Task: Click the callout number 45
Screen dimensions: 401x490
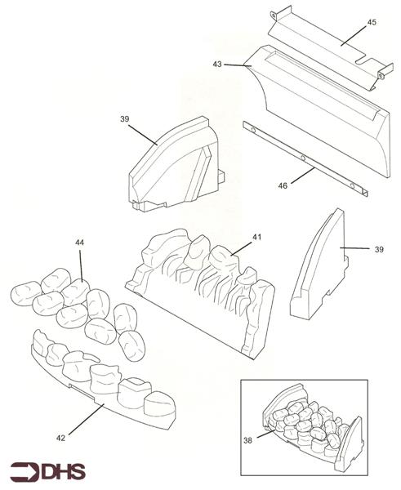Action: (x=372, y=23)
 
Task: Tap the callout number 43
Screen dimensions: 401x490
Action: (x=217, y=64)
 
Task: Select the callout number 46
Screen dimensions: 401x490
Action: (x=283, y=185)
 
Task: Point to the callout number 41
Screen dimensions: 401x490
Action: (x=256, y=237)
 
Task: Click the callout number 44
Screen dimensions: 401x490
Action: (x=79, y=243)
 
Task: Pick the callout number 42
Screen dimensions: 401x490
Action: (x=60, y=438)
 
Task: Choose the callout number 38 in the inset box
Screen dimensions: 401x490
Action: (x=247, y=441)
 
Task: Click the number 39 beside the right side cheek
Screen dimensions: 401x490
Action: (x=379, y=249)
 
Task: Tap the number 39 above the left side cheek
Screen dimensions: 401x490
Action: (x=124, y=119)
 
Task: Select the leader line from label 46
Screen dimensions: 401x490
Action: (x=302, y=176)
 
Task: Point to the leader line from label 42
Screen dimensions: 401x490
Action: (x=87, y=419)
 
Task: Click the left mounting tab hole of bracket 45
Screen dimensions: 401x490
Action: (x=274, y=15)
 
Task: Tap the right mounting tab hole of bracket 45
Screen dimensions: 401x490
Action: (x=381, y=75)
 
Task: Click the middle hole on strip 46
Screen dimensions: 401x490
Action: (x=302, y=157)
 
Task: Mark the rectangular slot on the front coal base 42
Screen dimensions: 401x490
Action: (x=81, y=391)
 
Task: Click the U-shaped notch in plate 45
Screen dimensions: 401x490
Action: (x=363, y=61)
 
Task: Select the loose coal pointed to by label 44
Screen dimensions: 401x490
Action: (x=74, y=292)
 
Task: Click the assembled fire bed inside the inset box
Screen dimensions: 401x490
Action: (x=313, y=427)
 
